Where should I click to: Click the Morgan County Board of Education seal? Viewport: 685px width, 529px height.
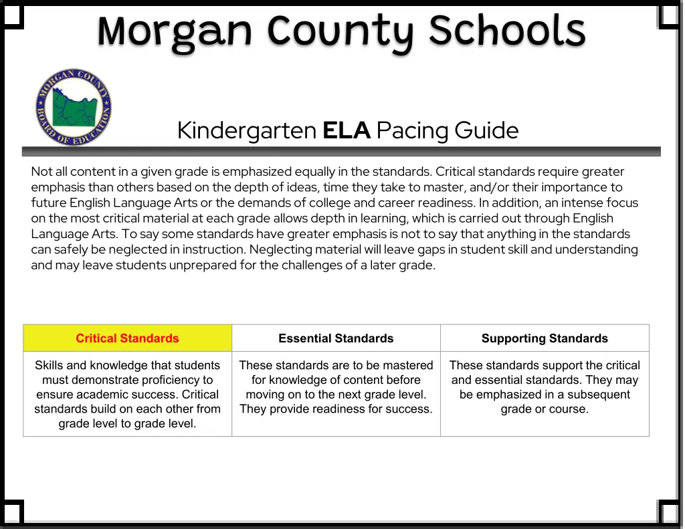pyautogui.click(x=74, y=107)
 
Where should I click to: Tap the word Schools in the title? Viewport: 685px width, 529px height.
pyautogui.click(x=507, y=31)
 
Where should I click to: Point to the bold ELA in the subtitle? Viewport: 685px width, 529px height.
pyautogui.click(x=346, y=130)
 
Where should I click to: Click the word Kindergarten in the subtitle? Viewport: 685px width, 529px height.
pyautogui.click(x=247, y=130)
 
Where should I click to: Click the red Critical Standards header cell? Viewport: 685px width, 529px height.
pyautogui.click(x=128, y=338)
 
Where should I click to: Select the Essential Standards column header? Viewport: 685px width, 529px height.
pyautogui.click(x=336, y=338)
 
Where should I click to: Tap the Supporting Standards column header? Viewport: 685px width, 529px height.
pyautogui.click(x=545, y=338)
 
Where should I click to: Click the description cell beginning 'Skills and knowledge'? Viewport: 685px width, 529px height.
pyautogui.click(x=128, y=394)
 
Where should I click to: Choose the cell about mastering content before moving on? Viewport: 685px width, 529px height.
pyautogui.click(x=336, y=387)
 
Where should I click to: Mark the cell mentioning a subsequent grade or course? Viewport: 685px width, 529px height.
pyautogui.click(x=545, y=387)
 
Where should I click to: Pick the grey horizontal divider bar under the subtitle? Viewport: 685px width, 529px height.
pyautogui.click(x=341, y=151)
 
